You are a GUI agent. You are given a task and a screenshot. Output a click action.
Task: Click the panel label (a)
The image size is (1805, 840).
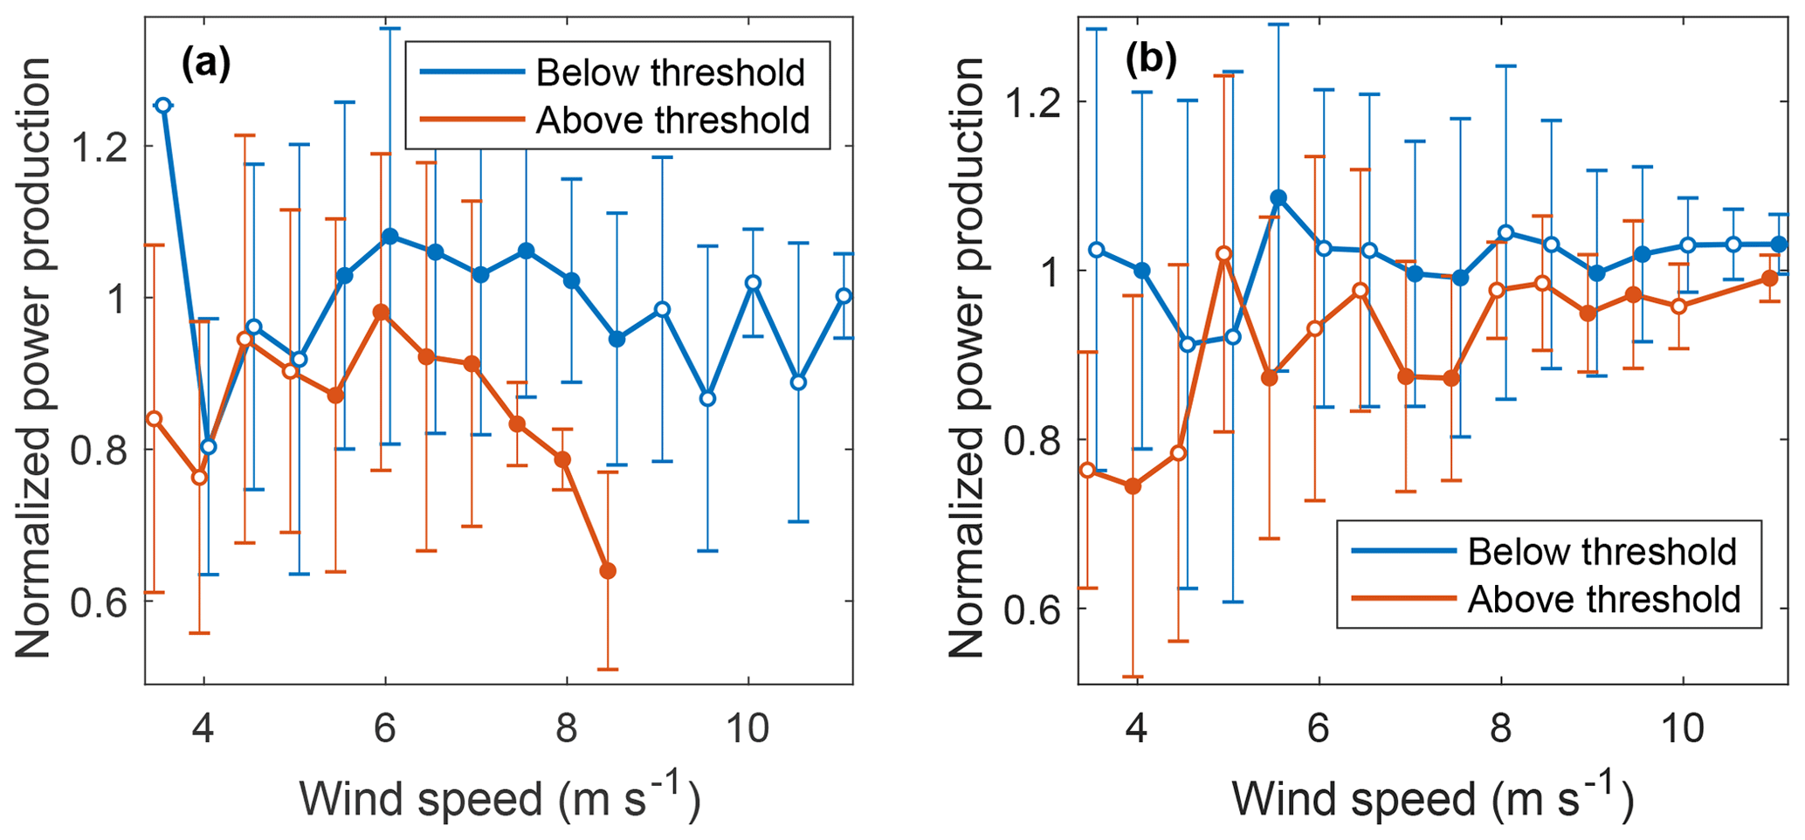coord(206,63)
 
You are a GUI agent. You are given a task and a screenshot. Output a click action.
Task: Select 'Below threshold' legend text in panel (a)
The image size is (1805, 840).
coord(670,72)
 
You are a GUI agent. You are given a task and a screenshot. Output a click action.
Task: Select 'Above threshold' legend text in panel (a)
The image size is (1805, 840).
coord(672,120)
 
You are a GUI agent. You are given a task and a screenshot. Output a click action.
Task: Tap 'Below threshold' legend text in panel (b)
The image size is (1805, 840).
coord(1602,552)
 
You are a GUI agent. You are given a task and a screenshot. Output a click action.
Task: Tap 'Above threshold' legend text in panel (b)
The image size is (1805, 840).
coord(1604,599)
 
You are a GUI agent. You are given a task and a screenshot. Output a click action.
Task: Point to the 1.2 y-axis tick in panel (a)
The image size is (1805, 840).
coord(98,147)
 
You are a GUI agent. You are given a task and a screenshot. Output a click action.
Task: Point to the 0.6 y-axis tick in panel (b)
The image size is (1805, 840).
coord(1032,609)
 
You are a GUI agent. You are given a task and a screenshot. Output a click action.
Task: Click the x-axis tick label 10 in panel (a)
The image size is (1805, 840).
coord(747,728)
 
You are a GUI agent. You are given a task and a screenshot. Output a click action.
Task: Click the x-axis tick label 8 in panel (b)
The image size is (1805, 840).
coord(1500,728)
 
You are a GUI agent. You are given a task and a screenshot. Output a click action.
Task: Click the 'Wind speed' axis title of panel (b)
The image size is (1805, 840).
coord(1432,798)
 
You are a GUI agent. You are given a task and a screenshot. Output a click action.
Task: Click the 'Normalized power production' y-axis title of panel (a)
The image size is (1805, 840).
coord(35,358)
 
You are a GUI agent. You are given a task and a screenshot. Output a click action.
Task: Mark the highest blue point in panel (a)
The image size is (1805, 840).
coord(162,106)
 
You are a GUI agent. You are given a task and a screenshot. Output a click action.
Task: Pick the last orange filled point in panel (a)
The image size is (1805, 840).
coord(608,571)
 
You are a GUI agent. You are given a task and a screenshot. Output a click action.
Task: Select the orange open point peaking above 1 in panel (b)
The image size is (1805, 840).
coord(1223,254)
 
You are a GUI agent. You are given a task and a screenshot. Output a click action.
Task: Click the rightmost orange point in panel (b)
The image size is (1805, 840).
coord(1769,279)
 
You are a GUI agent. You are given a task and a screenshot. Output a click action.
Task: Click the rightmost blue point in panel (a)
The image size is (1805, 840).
coord(844,296)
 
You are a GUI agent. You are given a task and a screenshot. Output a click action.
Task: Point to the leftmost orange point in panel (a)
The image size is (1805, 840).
coord(154,419)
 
